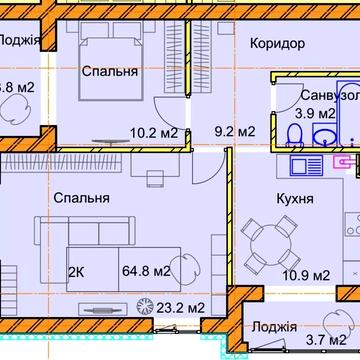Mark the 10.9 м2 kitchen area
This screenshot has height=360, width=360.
point(308,274)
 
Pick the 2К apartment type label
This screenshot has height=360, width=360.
point(76,270)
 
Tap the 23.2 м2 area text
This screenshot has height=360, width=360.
point(181,307)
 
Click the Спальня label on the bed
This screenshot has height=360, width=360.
point(110,73)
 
